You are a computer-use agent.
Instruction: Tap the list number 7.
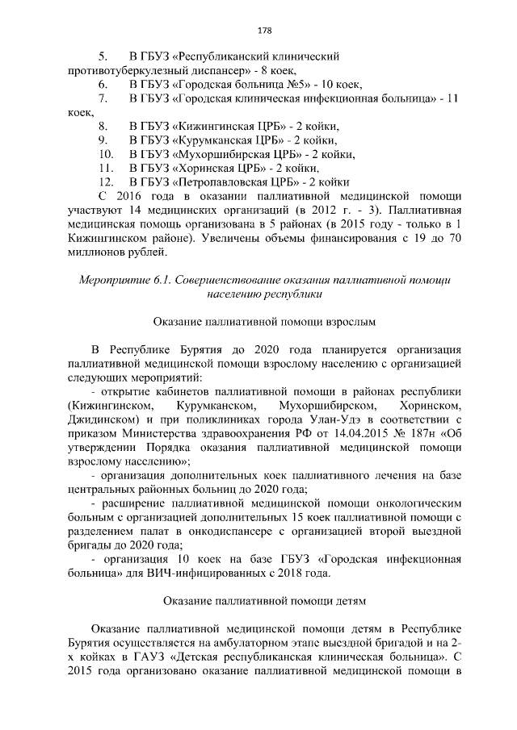click(x=103, y=98)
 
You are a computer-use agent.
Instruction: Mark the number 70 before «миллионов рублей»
click(x=453, y=239)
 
